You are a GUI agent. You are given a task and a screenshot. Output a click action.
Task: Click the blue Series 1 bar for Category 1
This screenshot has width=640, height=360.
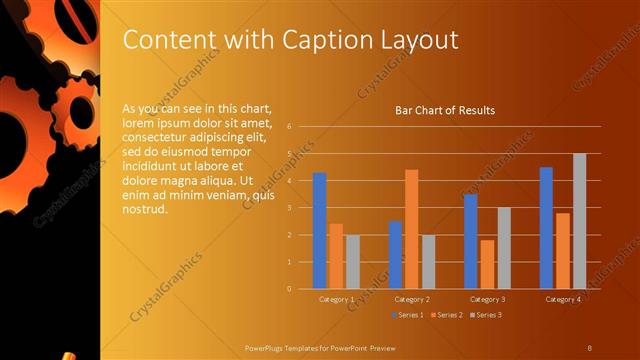click(319, 231)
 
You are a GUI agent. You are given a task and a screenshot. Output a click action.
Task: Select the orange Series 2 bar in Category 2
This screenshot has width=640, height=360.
click(411, 229)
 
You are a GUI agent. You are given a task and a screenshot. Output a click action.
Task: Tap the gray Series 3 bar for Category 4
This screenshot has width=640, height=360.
click(579, 221)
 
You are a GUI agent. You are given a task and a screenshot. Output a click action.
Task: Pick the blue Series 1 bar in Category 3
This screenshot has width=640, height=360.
click(470, 241)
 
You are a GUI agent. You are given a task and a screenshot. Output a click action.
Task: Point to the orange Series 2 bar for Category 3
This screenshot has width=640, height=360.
click(487, 264)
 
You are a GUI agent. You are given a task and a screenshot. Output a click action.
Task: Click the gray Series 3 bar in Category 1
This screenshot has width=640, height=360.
click(352, 262)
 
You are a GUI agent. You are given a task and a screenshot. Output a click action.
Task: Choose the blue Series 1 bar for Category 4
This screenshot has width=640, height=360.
click(546, 228)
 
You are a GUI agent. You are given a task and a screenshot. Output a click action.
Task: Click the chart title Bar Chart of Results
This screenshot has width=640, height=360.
click(445, 110)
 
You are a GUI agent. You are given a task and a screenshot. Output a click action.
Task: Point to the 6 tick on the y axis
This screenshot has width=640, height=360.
click(289, 127)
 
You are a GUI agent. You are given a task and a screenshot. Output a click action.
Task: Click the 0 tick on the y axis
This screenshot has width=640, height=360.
click(289, 289)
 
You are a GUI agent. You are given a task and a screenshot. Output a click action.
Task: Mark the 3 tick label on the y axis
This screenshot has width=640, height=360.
click(289, 208)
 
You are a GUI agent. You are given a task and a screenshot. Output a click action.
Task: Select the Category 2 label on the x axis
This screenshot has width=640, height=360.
click(411, 299)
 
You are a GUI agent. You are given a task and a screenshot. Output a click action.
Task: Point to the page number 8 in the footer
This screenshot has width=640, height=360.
click(589, 347)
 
